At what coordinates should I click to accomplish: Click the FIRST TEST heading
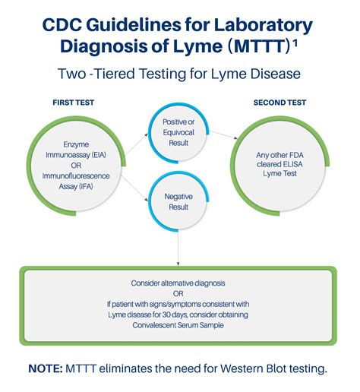pos(73,102)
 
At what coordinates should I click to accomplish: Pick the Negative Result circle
pos(180,201)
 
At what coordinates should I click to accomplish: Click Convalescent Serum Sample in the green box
pos(180,326)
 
